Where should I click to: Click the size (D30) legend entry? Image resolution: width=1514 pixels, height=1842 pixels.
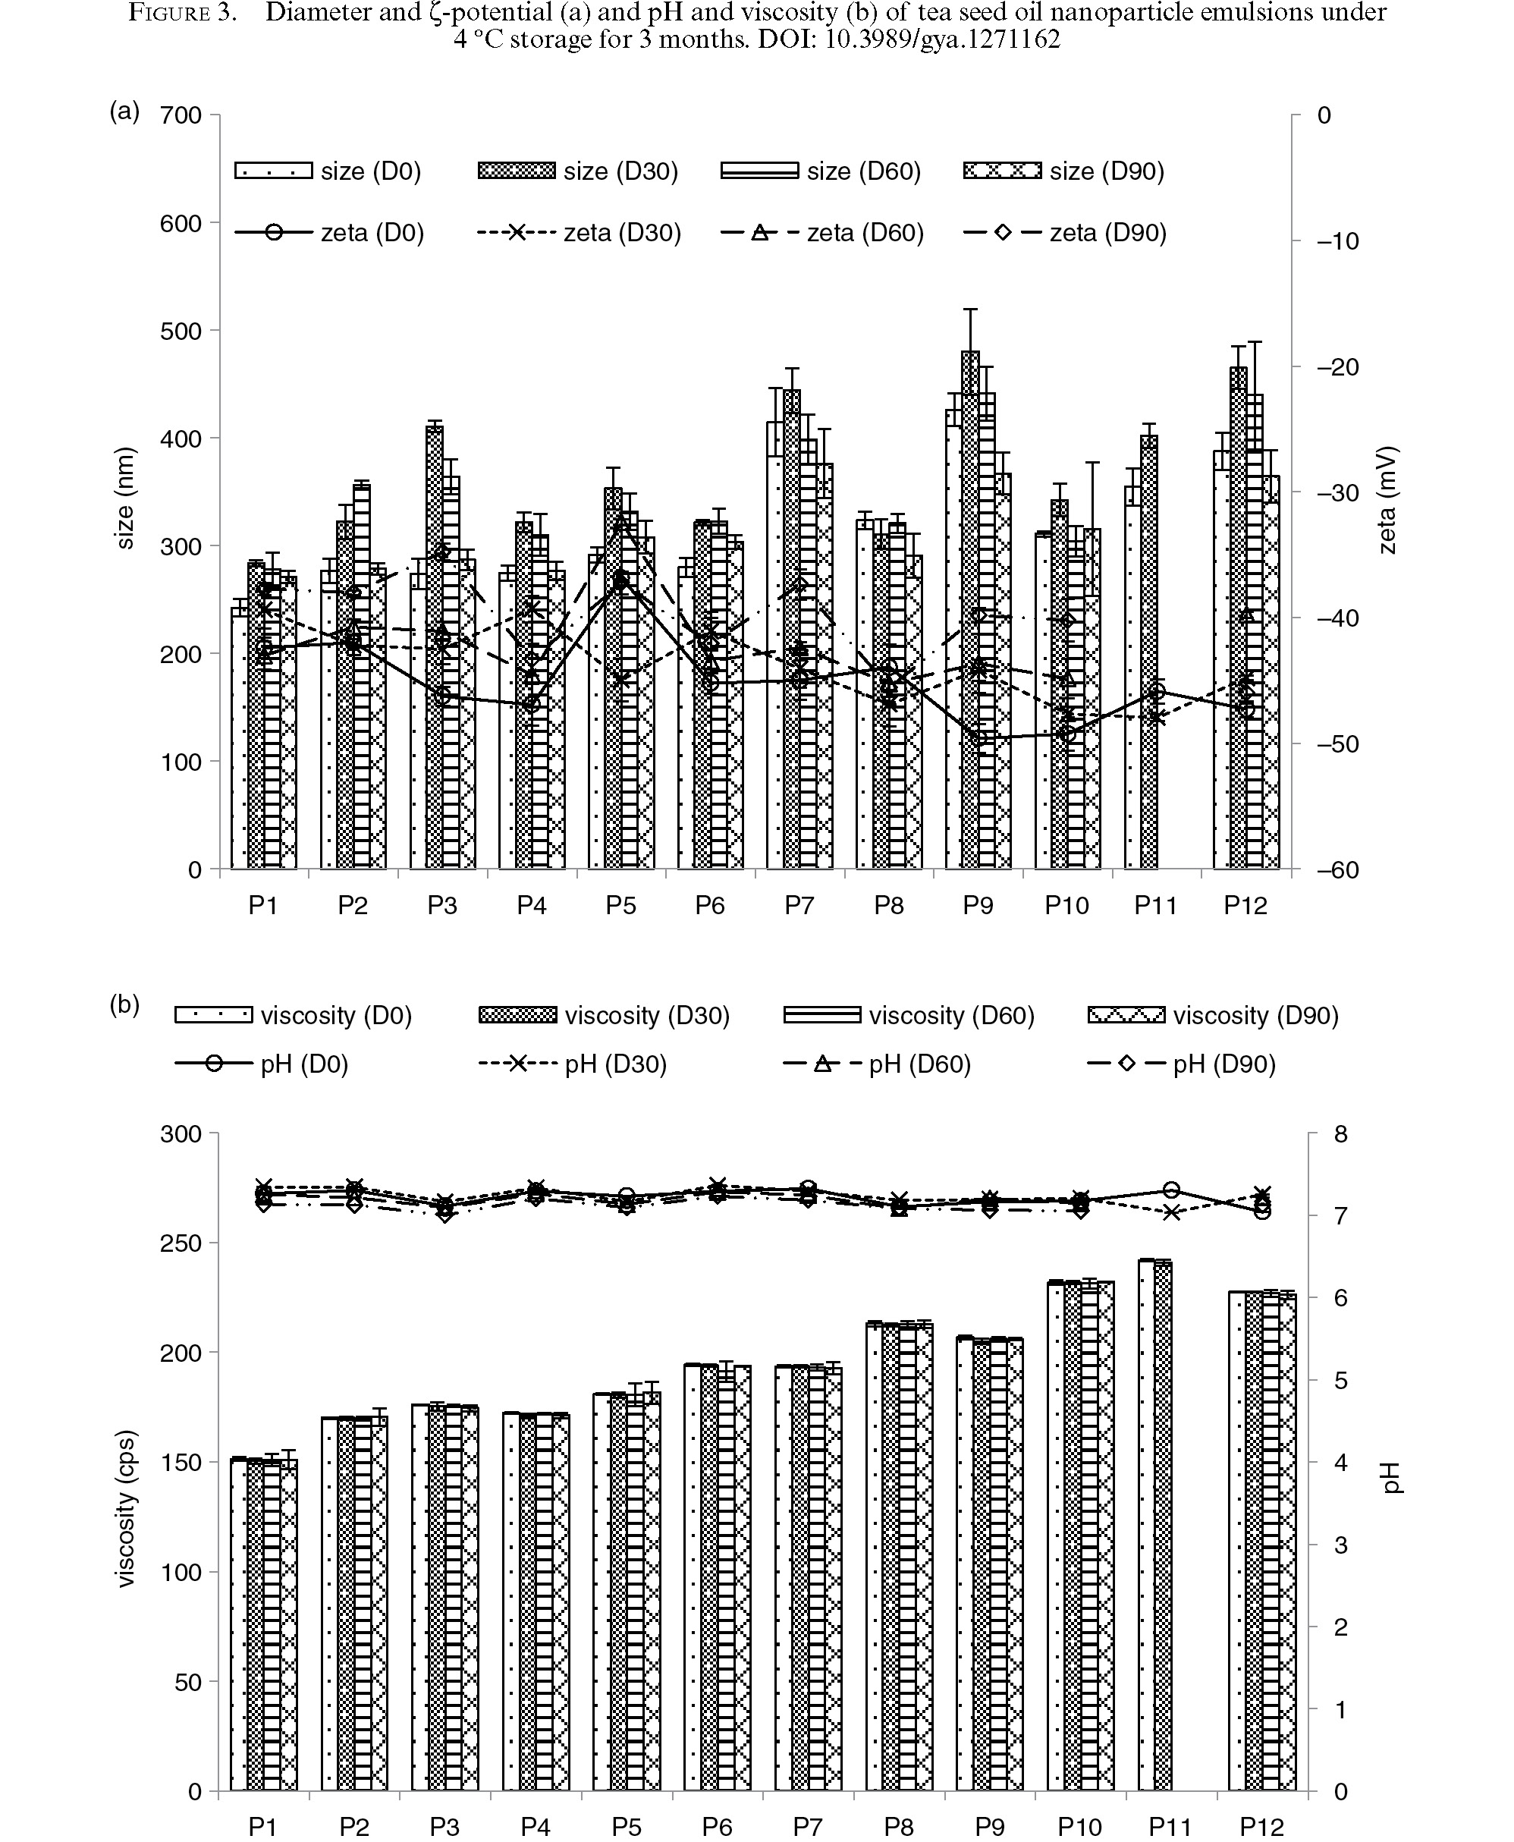point(577,171)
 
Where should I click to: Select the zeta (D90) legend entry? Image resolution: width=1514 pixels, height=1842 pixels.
point(1064,233)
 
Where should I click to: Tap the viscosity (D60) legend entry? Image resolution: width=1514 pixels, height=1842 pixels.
point(909,1015)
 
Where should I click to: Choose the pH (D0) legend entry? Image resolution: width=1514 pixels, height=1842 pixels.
point(261,1064)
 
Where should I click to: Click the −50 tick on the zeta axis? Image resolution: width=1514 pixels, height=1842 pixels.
point(1335,744)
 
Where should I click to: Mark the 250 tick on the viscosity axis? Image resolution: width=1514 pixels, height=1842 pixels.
point(181,1243)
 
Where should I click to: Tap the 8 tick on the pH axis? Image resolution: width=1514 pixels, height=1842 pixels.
point(1341,1134)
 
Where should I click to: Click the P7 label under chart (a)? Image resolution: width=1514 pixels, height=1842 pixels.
point(799,905)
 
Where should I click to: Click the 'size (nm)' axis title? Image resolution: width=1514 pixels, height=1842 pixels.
point(126,498)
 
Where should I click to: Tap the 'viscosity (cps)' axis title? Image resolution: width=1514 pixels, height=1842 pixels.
point(126,1508)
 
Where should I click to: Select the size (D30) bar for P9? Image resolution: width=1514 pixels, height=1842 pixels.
point(970,610)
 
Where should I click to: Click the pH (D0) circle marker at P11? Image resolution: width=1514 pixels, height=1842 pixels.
point(1171,1190)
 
